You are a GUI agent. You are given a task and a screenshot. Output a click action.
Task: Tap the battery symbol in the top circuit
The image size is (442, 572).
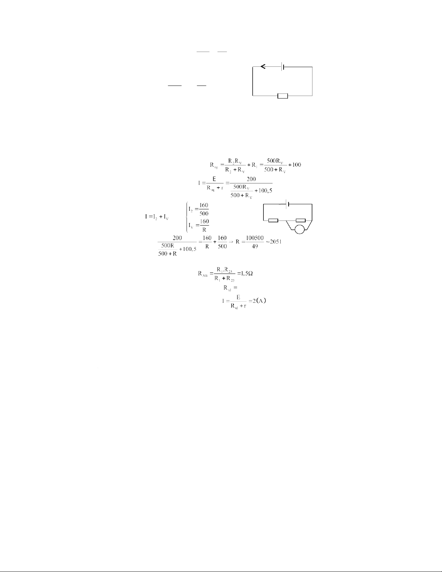pyautogui.click(x=283, y=67)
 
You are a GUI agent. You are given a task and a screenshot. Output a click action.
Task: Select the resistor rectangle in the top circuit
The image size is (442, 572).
pyautogui.click(x=283, y=96)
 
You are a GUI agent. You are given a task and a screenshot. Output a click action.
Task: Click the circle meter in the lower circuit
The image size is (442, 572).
pyautogui.click(x=299, y=229)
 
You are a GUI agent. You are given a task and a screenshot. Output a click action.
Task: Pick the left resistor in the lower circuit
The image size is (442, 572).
pyautogui.click(x=273, y=220)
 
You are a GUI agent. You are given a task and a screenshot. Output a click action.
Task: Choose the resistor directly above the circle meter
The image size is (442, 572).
pyautogui.click(x=301, y=220)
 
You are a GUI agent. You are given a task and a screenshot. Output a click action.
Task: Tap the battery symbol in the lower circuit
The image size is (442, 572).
pyautogui.click(x=288, y=204)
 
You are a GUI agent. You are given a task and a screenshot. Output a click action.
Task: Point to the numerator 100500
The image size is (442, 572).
pyautogui.click(x=255, y=238)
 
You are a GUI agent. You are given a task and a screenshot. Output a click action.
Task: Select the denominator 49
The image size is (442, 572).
pyautogui.click(x=255, y=246)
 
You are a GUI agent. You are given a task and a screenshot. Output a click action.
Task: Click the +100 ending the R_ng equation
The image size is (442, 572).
pyautogui.click(x=295, y=165)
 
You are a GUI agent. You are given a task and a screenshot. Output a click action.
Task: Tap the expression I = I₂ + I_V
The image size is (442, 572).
pyautogui.click(x=157, y=217)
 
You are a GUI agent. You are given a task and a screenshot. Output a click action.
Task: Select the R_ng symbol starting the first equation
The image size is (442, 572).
pyautogui.click(x=214, y=165)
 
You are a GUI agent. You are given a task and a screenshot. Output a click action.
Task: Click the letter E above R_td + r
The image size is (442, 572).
pyautogui.click(x=238, y=298)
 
